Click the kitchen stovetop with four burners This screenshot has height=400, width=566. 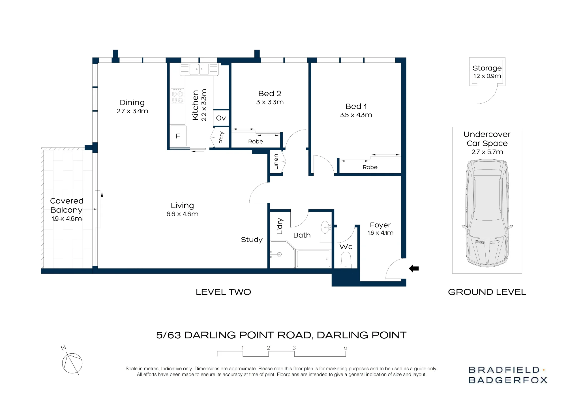(x=177, y=96)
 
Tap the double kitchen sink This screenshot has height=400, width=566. (x=199, y=69)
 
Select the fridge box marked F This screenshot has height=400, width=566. (x=178, y=136)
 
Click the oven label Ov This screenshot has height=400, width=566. (x=221, y=118)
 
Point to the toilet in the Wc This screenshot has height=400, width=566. (x=346, y=260)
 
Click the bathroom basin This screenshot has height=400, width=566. (x=326, y=227)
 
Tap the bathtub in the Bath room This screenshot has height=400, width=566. (x=314, y=259)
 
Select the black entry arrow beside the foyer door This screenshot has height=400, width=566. (x=414, y=268)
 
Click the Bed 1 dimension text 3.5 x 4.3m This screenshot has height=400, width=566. (x=356, y=115)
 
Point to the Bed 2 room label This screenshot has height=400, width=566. (x=270, y=93)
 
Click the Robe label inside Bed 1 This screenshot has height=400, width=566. (x=370, y=167)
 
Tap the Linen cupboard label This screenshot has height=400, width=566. (x=276, y=162)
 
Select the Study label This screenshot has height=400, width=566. (x=252, y=240)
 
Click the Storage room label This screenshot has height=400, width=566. (x=487, y=68)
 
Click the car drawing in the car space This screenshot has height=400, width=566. (x=487, y=213)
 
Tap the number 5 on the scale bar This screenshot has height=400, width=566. (x=345, y=348)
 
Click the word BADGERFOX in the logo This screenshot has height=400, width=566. (x=508, y=380)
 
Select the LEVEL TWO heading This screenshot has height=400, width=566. (x=223, y=292)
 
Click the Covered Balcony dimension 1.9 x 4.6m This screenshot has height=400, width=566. (x=67, y=219)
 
